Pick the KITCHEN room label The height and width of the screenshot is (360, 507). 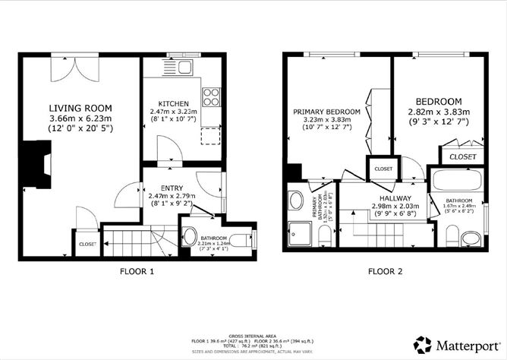tap(173, 103)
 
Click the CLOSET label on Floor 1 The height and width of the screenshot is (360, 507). tap(87, 244)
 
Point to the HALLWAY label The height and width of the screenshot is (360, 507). tap(384, 196)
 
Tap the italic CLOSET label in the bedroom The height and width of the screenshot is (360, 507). tap(463, 156)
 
